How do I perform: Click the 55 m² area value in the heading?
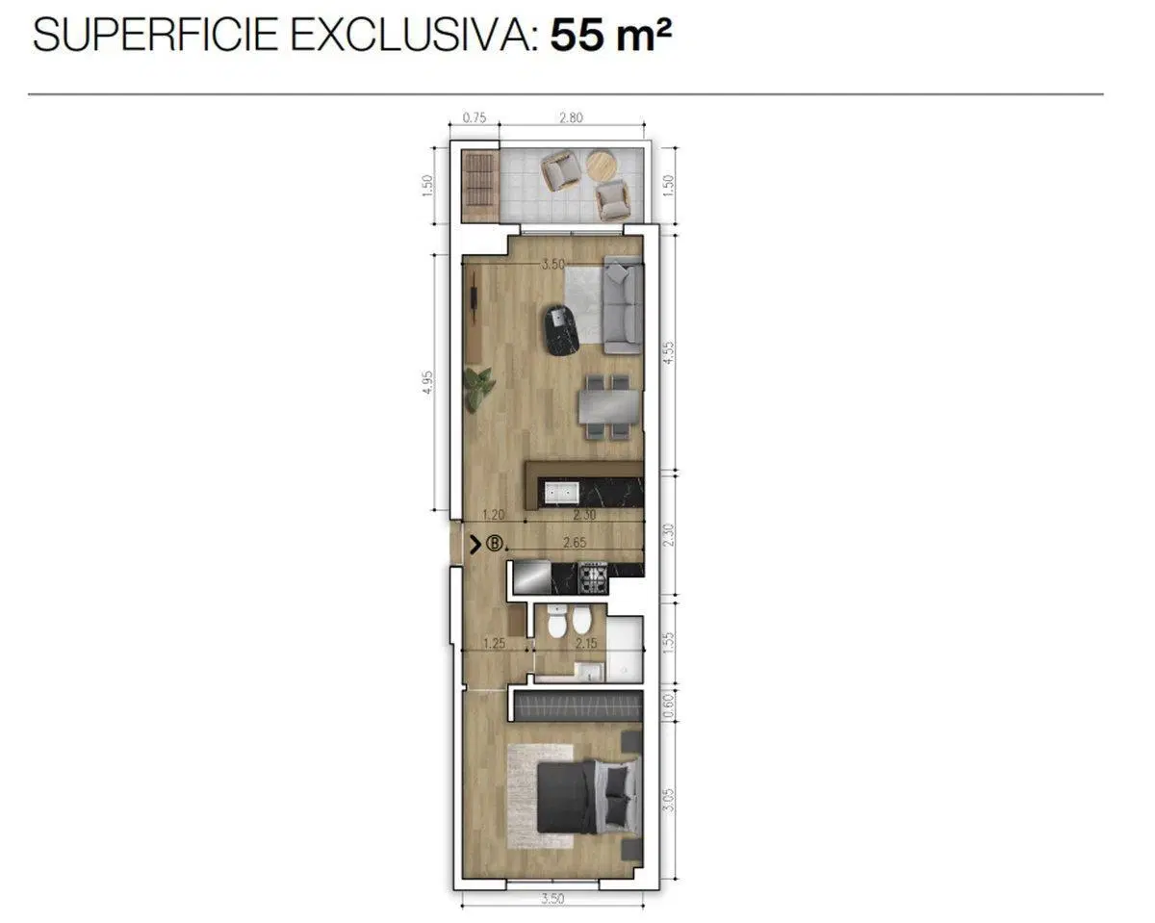(x=610, y=36)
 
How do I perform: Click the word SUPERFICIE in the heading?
(x=156, y=36)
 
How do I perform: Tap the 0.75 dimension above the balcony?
(x=474, y=118)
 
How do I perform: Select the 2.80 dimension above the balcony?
(x=571, y=118)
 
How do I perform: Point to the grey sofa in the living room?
(x=624, y=305)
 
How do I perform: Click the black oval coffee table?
(x=561, y=330)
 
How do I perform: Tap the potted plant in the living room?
(x=479, y=389)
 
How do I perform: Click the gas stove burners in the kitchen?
(x=593, y=577)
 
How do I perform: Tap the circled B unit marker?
(x=495, y=544)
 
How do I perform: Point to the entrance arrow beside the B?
(x=475, y=544)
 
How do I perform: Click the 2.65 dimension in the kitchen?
(x=575, y=543)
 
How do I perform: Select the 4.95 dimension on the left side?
(x=427, y=383)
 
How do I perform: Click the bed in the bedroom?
(x=589, y=795)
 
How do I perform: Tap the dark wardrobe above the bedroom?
(x=578, y=705)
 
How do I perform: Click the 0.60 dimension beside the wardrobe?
(x=668, y=706)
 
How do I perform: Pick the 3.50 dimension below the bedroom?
(x=552, y=898)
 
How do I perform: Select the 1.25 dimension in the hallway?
(x=495, y=644)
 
